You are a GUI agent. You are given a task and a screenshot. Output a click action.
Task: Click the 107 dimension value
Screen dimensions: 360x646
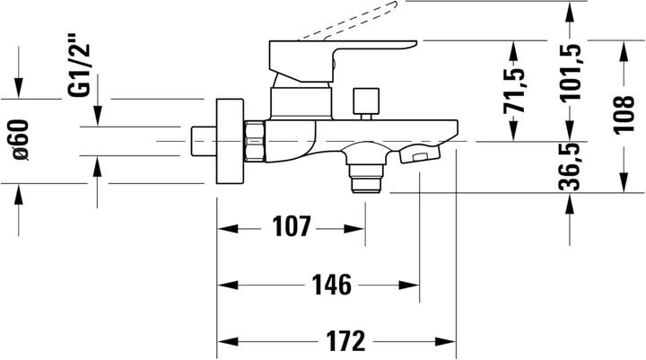click(292, 228)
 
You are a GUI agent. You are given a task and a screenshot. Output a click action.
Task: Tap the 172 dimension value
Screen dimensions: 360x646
click(345, 342)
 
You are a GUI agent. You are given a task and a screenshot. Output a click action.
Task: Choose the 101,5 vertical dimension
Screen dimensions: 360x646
click(572, 73)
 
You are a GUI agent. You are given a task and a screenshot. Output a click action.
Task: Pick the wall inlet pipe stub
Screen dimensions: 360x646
click(204, 141)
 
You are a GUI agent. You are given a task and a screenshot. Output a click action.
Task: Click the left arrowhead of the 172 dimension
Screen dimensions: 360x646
click(224, 342)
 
